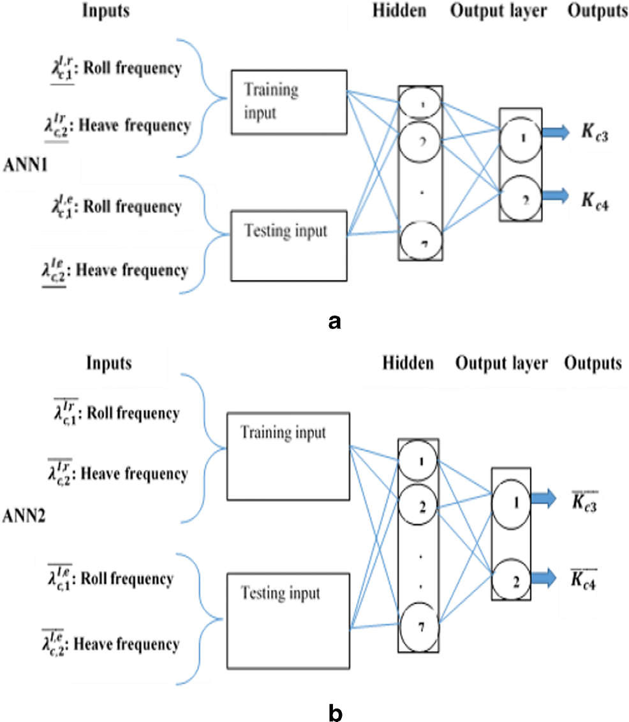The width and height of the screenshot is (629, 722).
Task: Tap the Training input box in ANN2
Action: point(288,455)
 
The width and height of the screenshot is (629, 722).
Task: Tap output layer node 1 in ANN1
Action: point(521,137)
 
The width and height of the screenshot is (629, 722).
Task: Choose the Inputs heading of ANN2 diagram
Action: point(108,364)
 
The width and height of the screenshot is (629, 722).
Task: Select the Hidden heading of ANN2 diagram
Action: point(408,364)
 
